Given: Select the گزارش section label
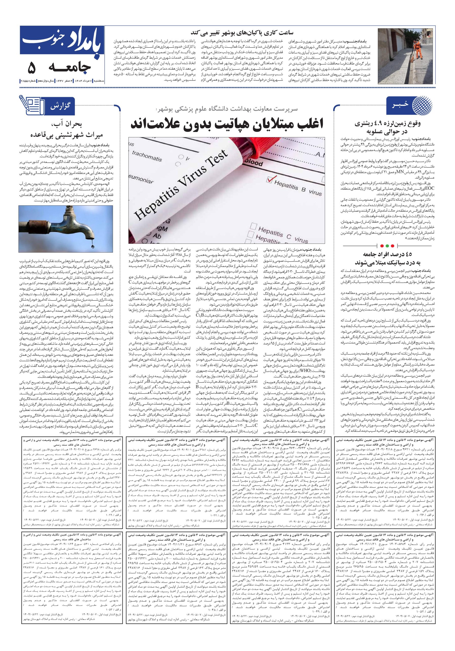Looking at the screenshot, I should pos(60,107).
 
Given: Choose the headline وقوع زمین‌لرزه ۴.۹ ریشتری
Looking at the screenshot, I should pos(387,124).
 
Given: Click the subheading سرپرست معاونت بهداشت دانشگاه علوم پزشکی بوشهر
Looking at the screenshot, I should pos(226,109).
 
